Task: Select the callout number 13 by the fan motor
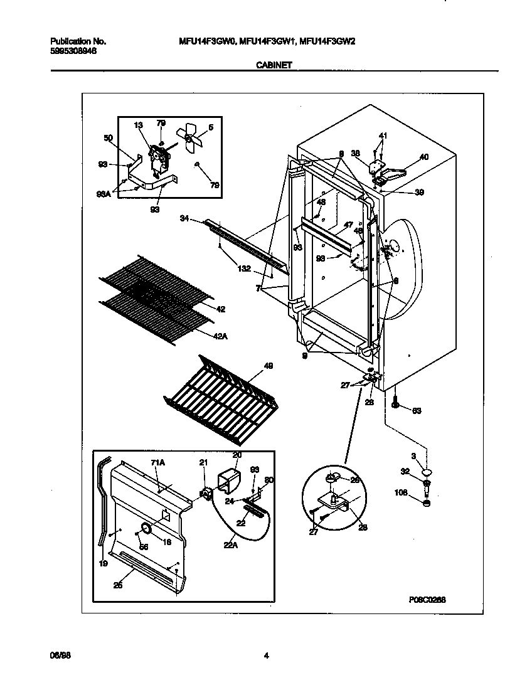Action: [x=139, y=125]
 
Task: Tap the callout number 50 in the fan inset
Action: [x=107, y=138]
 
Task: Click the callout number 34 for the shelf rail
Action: [x=184, y=218]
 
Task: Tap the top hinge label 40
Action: [x=424, y=157]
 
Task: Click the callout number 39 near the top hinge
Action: [x=419, y=193]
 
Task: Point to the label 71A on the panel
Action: [x=157, y=462]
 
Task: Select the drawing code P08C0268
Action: [x=427, y=600]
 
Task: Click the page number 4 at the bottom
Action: [x=266, y=656]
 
